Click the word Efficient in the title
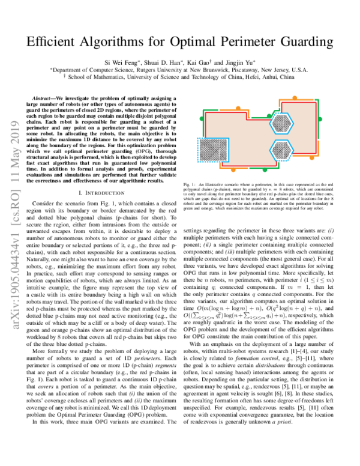pos(55,43)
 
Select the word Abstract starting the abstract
pos(50,97)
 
